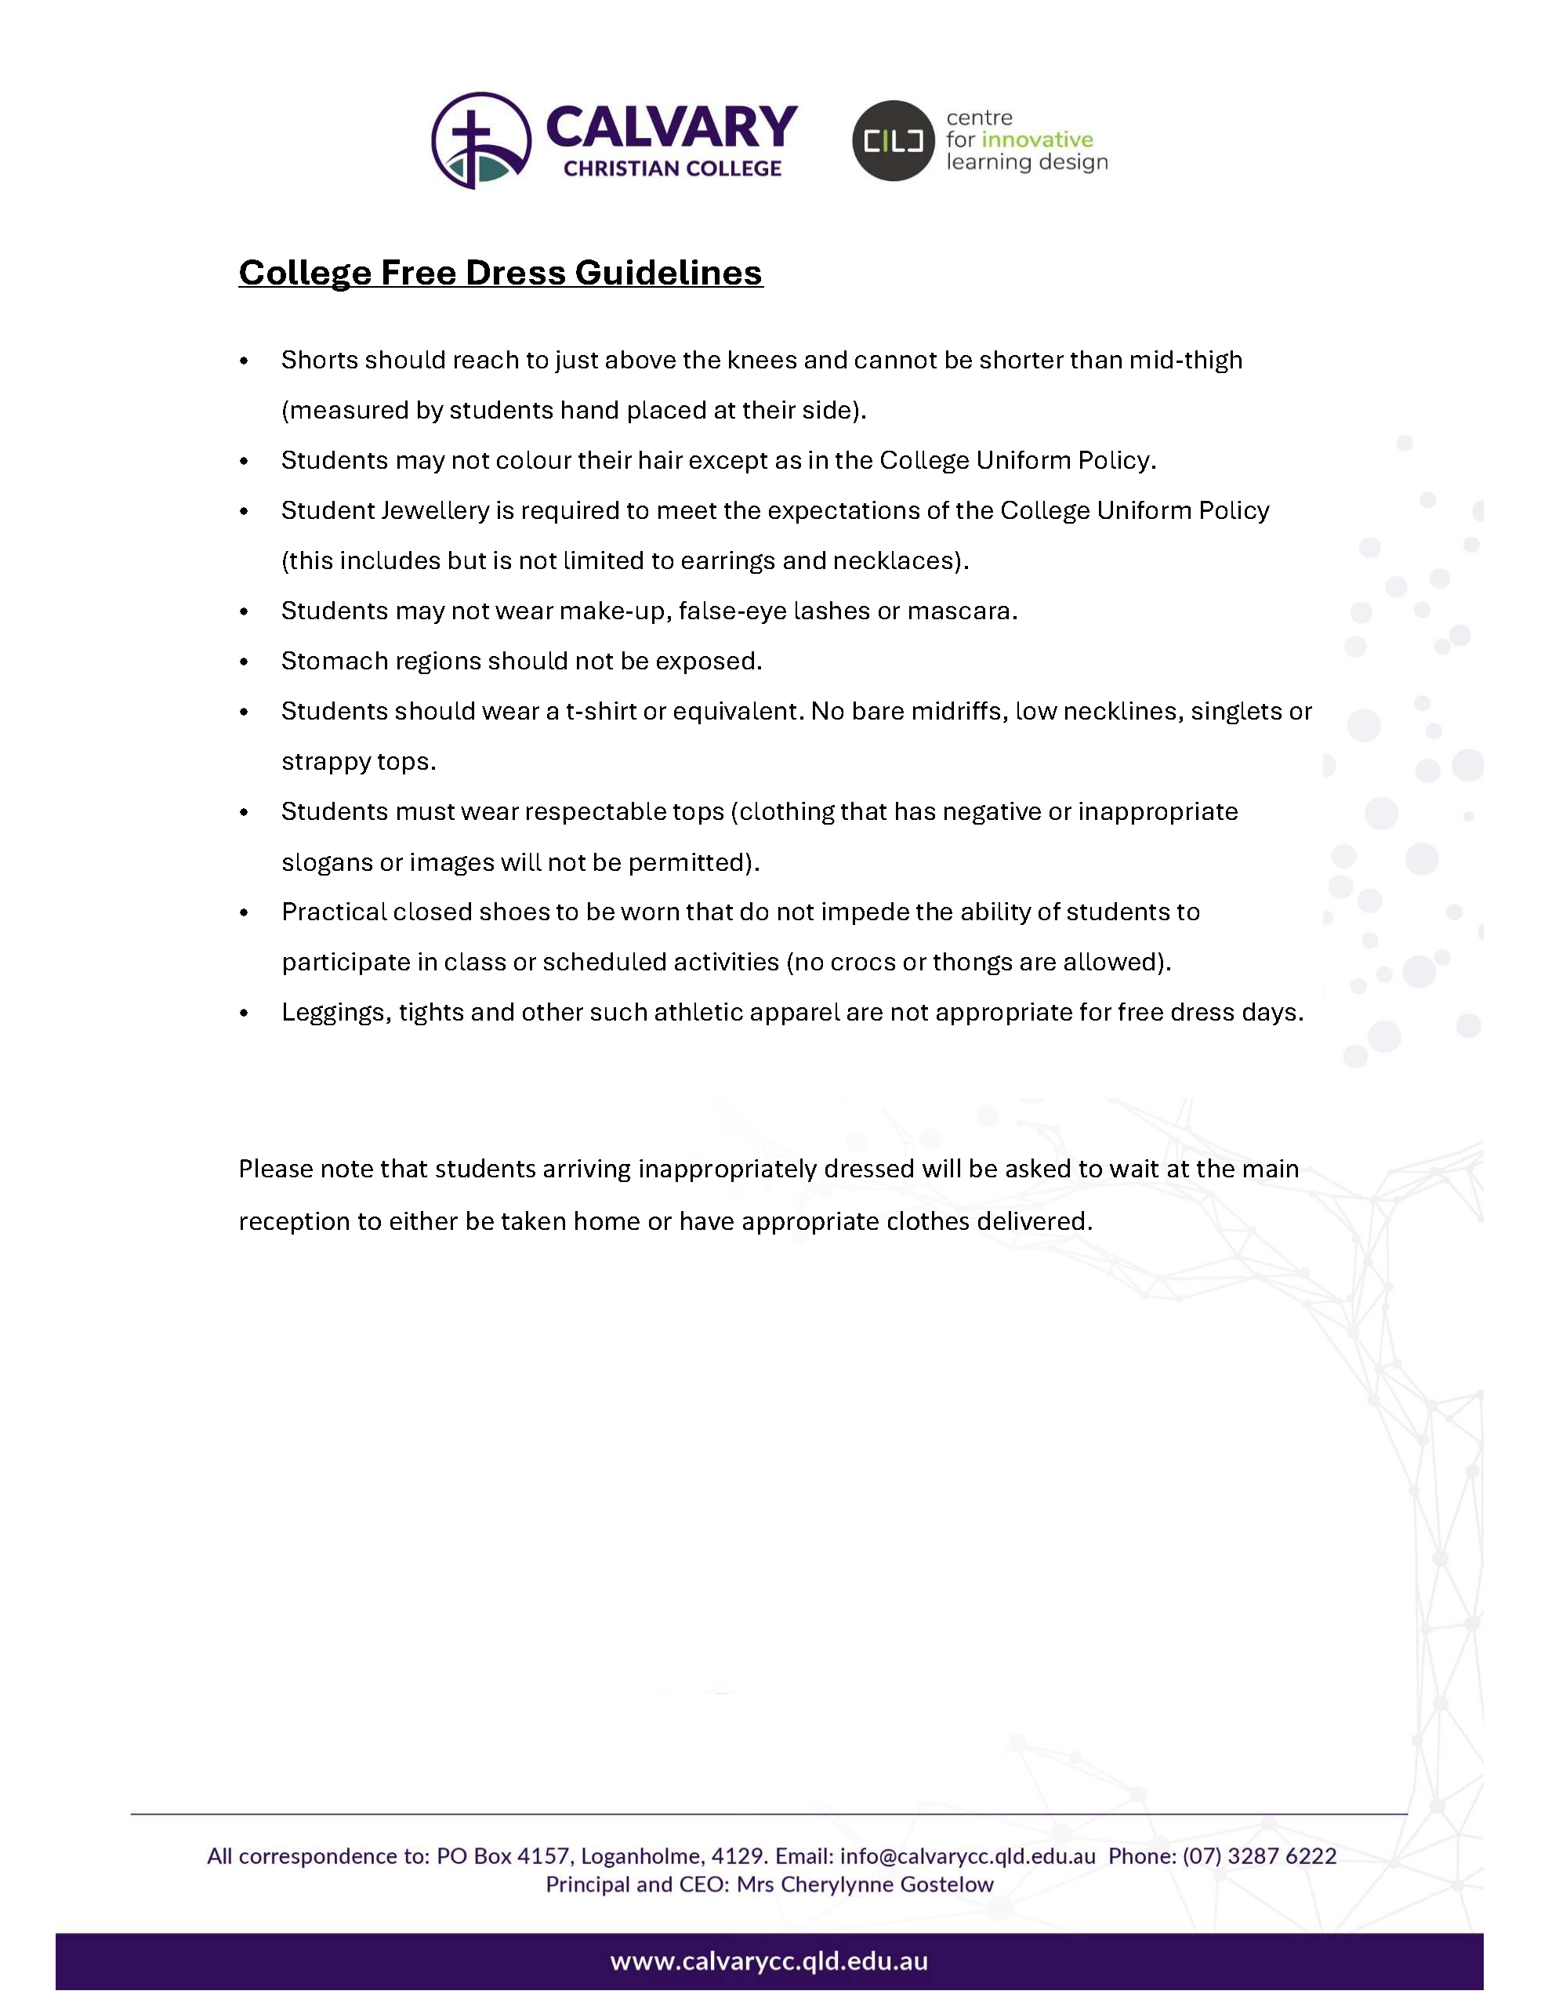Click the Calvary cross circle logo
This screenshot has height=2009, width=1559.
click(481, 141)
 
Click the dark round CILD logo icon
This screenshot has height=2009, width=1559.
click(892, 141)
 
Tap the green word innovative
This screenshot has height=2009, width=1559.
click(1038, 140)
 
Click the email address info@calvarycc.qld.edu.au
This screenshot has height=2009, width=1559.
click(967, 1856)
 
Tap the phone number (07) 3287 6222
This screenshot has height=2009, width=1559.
click(1259, 1856)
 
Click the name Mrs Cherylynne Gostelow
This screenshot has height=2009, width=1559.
click(865, 1885)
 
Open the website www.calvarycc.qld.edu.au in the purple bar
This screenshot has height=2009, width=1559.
click(769, 1961)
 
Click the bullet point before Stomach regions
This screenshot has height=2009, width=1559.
click(244, 662)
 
